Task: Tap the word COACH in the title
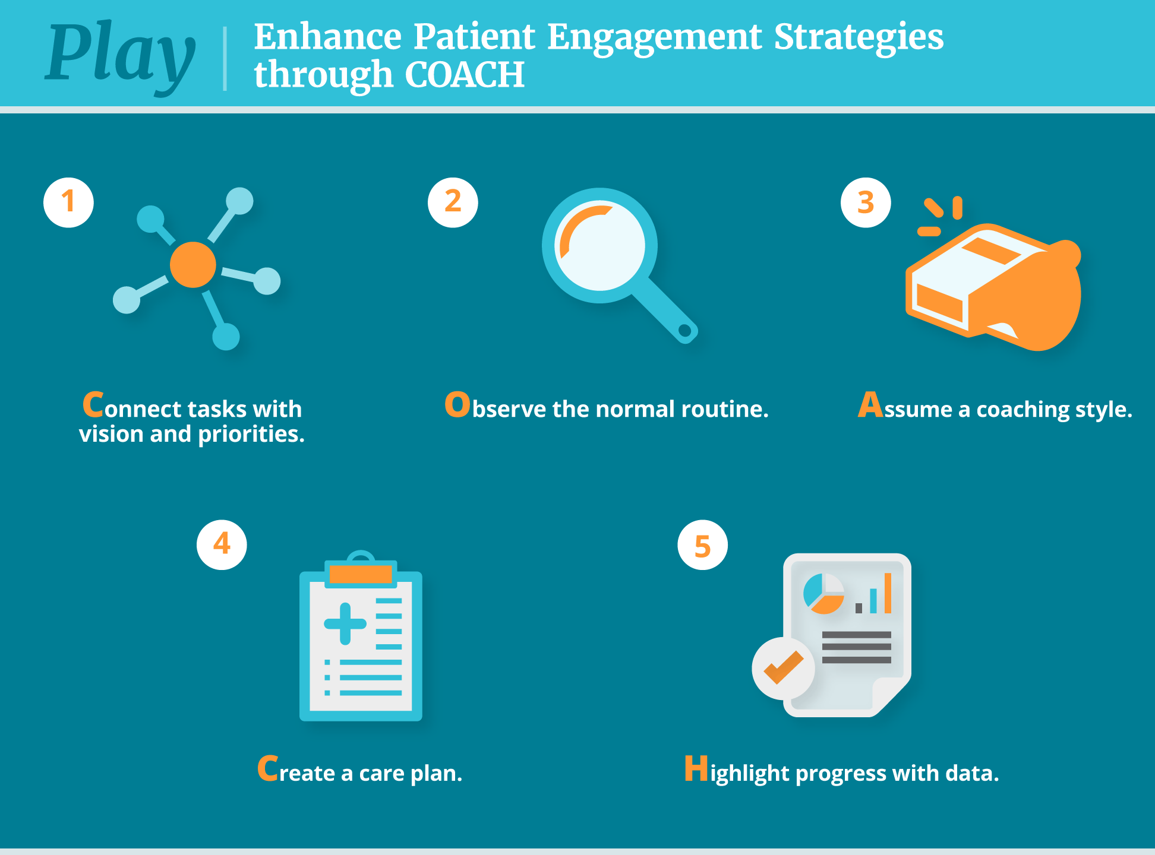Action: pos(465,75)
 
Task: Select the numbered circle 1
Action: pos(68,202)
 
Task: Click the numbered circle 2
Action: pos(453,202)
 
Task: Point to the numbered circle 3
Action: pos(866,202)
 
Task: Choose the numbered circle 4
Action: pos(222,544)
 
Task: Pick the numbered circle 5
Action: pos(702,544)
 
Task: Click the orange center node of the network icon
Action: pos(192,265)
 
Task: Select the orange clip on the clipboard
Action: pos(361,574)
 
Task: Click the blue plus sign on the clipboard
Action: pos(345,623)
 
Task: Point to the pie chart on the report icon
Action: pos(823,593)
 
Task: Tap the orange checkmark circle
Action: pos(783,669)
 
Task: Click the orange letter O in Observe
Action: pos(457,405)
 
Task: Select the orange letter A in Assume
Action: pos(870,405)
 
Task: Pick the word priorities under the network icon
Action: pos(251,435)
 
